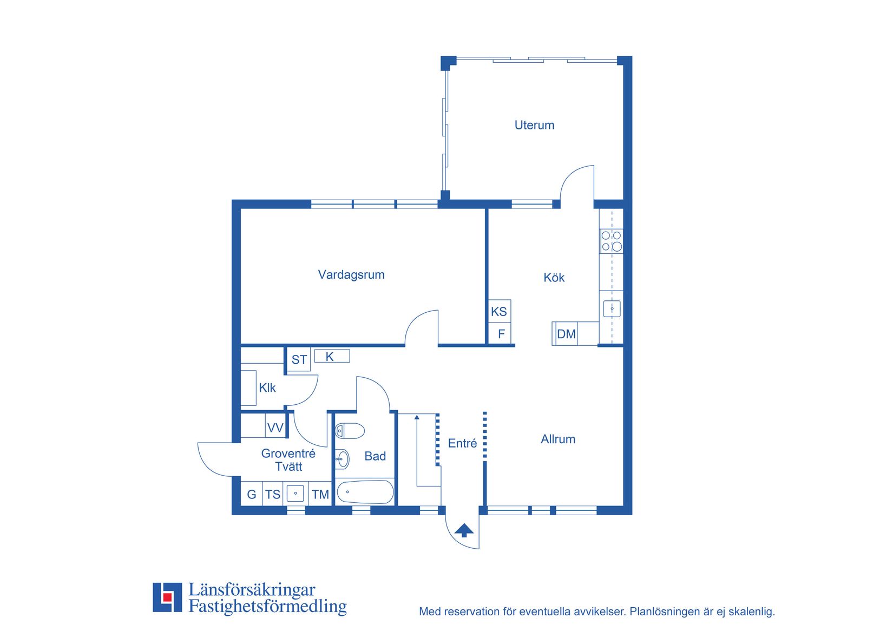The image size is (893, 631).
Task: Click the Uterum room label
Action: [534, 125]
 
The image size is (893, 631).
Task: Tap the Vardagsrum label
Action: [351, 275]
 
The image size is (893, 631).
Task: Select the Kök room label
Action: [554, 278]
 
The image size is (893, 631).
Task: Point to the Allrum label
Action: [558, 439]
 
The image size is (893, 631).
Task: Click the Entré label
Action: [462, 443]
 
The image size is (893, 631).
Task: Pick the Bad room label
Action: [375, 456]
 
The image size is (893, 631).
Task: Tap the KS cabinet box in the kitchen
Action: [500, 311]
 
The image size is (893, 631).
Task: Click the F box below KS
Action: [500, 333]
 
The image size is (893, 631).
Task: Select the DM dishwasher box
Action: [566, 334]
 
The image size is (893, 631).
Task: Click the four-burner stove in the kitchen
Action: [611, 241]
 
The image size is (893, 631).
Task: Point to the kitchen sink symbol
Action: [612, 309]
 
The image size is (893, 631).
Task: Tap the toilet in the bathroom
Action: [350, 431]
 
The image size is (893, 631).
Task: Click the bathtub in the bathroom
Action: [365, 492]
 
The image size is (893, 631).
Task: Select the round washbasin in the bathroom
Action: [342, 459]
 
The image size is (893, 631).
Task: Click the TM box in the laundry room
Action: [320, 494]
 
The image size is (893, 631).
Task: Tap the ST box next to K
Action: [299, 359]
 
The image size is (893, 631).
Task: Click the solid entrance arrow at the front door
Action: [464, 530]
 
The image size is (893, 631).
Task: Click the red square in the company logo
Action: [167, 597]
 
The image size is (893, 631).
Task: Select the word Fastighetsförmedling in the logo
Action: [267, 606]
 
